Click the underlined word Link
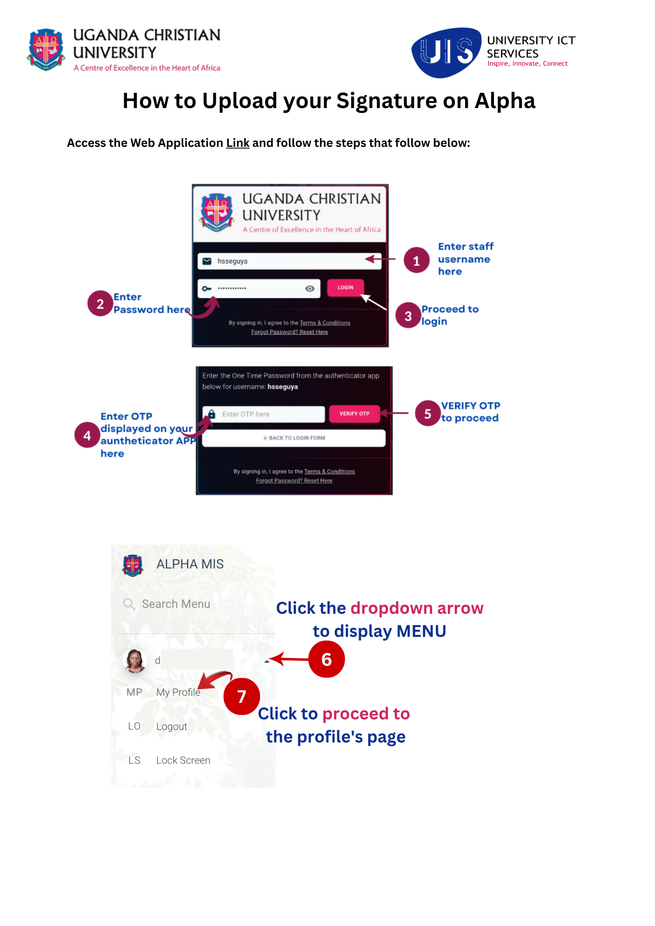[238, 143]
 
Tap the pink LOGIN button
[345, 287]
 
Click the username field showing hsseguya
[289, 261]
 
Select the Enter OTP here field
[263, 414]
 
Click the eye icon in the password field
[310, 289]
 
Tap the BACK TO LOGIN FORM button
[294, 438]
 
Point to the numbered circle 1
[416, 260]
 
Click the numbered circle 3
[408, 316]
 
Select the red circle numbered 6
[326, 659]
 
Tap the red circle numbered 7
[242, 697]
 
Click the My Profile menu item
[178, 692]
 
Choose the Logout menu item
[172, 726]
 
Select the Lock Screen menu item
[183, 760]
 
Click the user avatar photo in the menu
[135, 661]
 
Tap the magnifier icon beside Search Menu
[129, 604]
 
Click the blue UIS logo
[447, 52]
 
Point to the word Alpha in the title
[505, 101]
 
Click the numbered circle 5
[428, 413]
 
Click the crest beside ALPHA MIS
[132, 565]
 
